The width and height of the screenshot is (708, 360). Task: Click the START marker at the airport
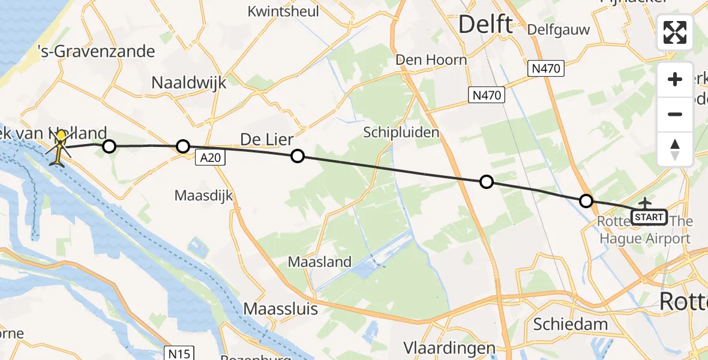coord(649,217)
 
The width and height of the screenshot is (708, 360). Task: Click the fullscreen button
coord(675,32)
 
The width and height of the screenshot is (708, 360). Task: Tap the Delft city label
coord(485,25)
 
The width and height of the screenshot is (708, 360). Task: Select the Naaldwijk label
coord(189,82)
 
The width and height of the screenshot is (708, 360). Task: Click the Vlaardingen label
coord(449,349)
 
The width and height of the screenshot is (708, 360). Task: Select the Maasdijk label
coord(203,196)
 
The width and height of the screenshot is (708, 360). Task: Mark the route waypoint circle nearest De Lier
coord(297,157)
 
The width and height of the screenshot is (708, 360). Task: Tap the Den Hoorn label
coord(431,59)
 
